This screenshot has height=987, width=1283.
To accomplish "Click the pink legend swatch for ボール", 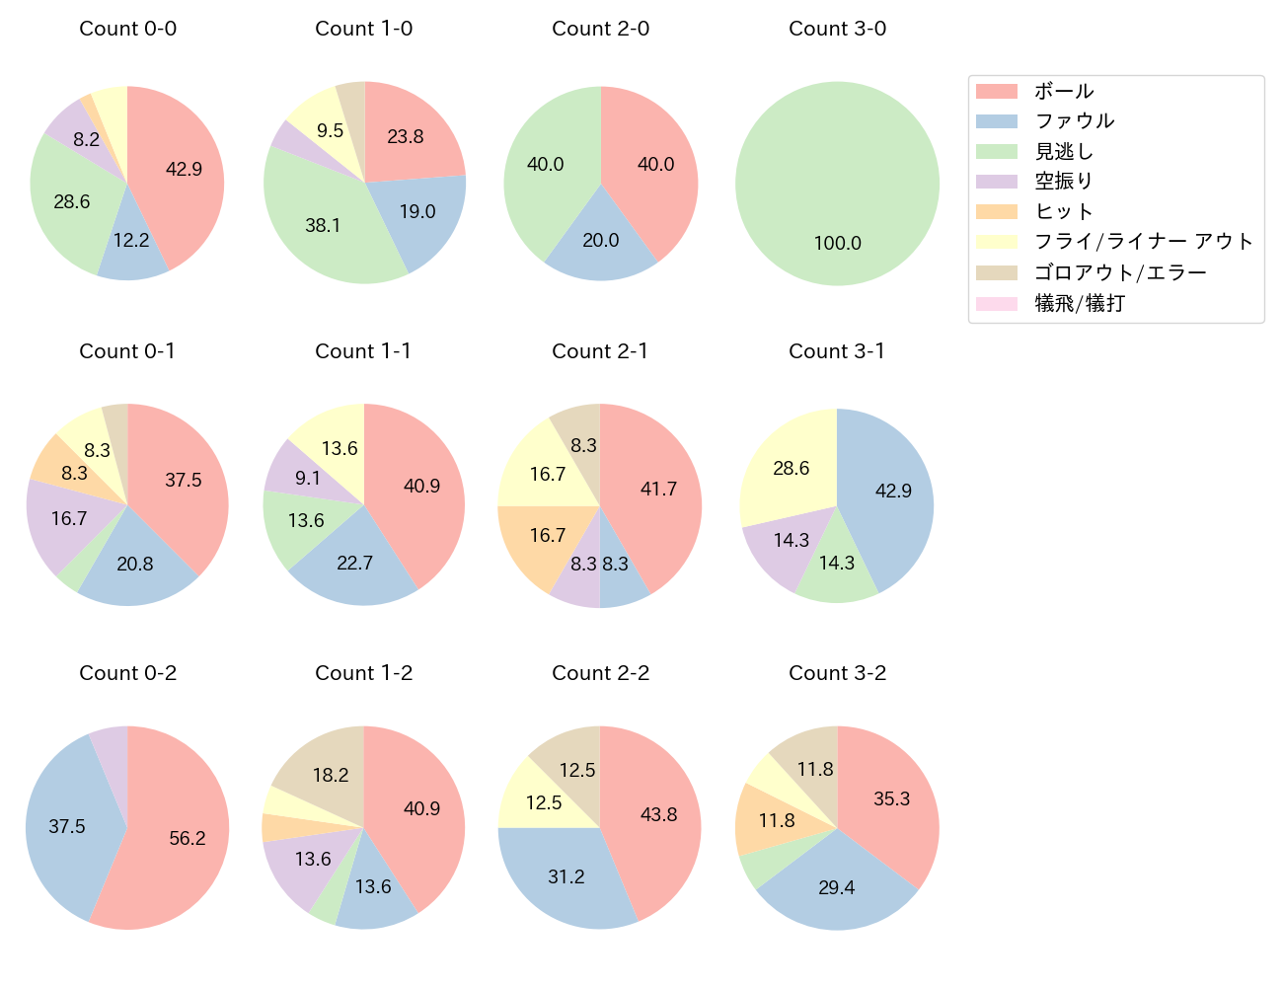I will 996,92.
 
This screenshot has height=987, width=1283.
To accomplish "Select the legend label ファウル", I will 1074,121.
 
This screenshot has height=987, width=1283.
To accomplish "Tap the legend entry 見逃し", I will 1063,152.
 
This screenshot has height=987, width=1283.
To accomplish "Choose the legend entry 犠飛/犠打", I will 1079,304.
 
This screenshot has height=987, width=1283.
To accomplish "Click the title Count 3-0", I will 837,29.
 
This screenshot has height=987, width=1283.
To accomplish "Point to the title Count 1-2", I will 363,673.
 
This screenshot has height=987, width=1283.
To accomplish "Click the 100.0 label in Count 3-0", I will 837,243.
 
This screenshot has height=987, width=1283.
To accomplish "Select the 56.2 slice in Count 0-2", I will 183,839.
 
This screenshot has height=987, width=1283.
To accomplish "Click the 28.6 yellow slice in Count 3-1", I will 790,467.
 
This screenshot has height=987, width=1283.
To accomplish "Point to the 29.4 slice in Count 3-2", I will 837,886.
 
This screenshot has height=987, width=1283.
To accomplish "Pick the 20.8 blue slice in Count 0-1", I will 135,565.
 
